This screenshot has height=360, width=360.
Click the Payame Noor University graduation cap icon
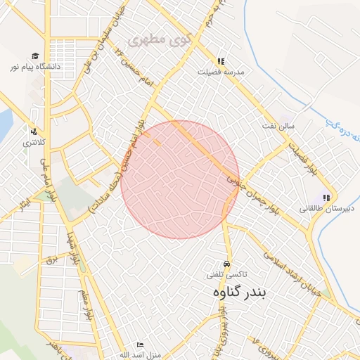click(34, 56)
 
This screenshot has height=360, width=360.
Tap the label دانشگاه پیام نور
click(35, 66)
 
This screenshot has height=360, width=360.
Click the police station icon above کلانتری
click(32, 131)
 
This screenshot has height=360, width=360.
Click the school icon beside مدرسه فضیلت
click(221, 62)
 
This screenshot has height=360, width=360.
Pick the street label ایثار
click(25, 203)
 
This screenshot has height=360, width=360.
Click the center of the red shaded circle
click(180, 180)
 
